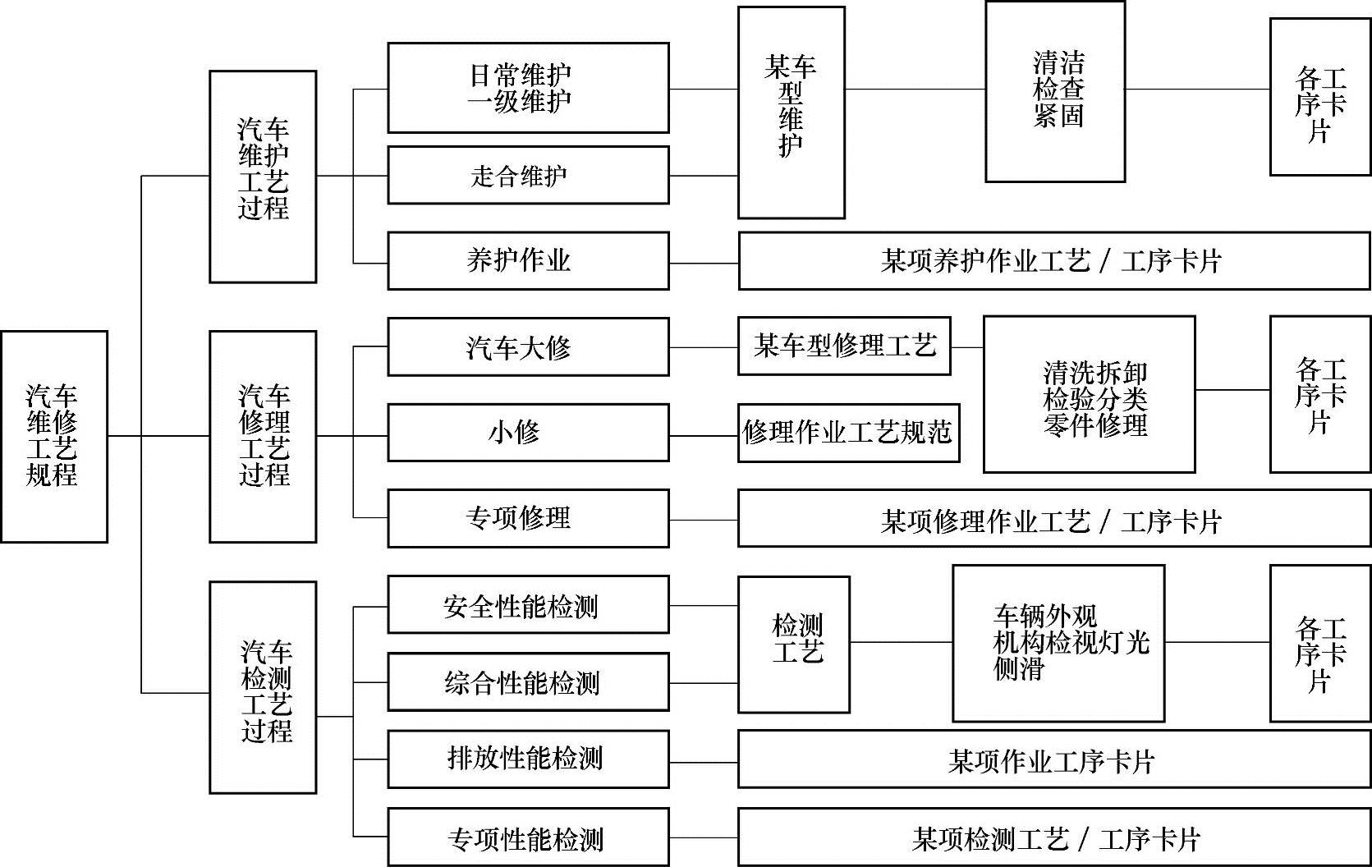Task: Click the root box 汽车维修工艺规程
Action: click(54, 436)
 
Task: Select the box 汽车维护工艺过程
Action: click(263, 177)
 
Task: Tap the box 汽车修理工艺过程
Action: click(263, 436)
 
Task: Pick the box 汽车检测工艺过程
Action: click(263, 687)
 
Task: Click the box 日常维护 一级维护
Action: click(528, 88)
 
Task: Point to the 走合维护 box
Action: click(528, 175)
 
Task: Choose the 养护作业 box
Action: click(528, 261)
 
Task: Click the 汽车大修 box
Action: click(528, 347)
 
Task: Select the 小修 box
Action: click(528, 432)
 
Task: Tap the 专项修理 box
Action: click(528, 518)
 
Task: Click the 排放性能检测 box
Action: click(528, 759)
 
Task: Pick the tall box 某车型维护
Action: click(791, 112)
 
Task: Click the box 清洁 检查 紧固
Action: click(1054, 91)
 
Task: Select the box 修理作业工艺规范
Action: click(848, 433)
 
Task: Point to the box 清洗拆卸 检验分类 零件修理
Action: click(1089, 394)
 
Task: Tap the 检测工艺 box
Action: click(793, 645)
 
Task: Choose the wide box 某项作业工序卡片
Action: click(1054, 761)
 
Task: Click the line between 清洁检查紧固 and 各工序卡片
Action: click(1197, 89)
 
